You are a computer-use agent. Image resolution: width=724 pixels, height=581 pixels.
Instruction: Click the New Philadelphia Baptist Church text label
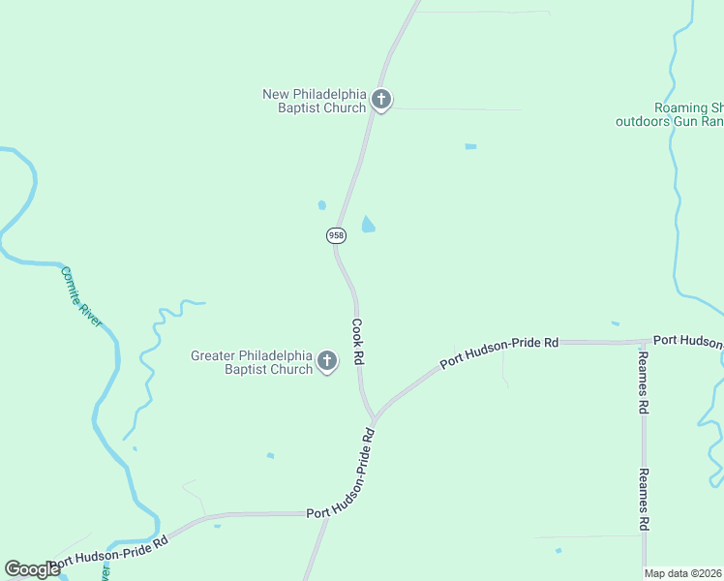click(315, 101)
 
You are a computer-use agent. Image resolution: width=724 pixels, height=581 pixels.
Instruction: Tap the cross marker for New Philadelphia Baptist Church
click(381, 100)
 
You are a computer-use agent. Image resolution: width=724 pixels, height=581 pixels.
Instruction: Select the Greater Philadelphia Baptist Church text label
click(252, 362)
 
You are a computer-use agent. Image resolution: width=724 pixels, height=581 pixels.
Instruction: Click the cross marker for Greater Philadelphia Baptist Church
click(327, 362)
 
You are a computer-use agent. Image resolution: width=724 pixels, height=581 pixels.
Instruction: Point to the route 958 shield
click(336, 235)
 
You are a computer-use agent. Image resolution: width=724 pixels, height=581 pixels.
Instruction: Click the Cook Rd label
click(357, 342)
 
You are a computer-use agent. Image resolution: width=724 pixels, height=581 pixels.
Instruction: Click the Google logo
click(32, 569)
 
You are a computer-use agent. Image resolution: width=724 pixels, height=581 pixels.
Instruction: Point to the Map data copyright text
click(683, 573)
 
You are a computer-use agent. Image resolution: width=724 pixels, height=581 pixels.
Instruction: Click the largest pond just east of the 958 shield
click(369, 226)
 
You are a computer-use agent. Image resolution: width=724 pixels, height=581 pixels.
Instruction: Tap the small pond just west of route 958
click(321, 205)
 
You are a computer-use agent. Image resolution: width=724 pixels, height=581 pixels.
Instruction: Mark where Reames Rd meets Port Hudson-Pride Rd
click(644, 341)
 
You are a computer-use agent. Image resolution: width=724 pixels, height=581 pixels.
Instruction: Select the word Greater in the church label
click(214, 355)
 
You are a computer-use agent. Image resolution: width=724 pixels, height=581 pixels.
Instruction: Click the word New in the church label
click(276, 94)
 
